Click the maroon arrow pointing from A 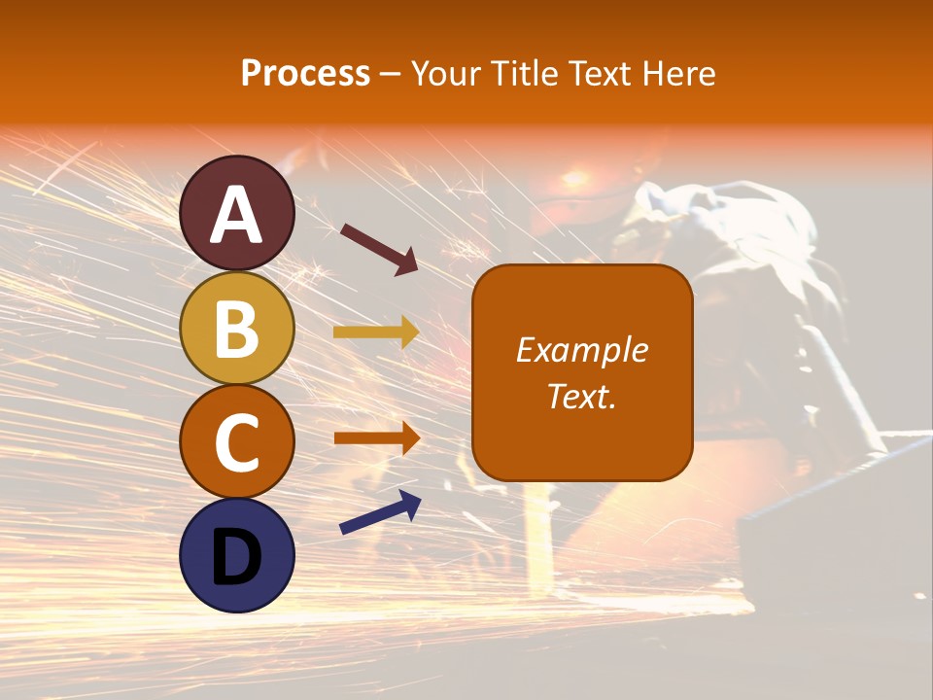click(x=379, y=248)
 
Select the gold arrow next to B click(x=376, y=332)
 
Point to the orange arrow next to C click(x=376, y=437)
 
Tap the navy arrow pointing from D click(x=380, y=513)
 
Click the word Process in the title click(x=305, y=74)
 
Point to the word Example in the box click(x=582, y=350)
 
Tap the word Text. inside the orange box click(x=582, y=396)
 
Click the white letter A click(x=237, y=216)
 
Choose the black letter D click(x=237, y=557)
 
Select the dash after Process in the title click(x=391, y=74)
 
